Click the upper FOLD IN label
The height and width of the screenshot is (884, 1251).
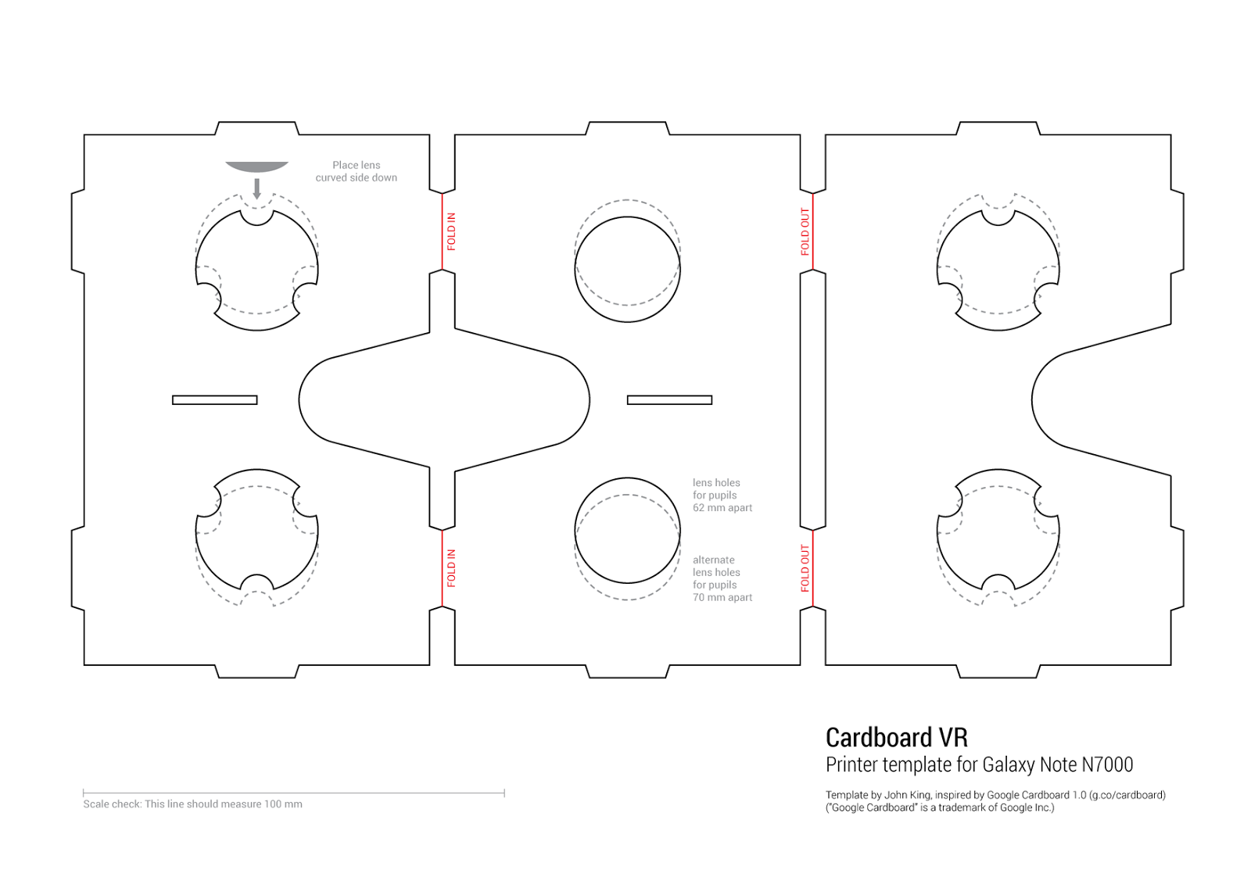click(x=451, y=231)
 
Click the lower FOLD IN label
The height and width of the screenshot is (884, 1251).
click(x=451, y=568)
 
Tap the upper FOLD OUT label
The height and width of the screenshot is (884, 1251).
click(x=805, y=231)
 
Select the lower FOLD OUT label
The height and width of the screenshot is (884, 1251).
click(x=805, y=568)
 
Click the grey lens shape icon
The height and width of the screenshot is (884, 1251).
click(x=256, y=166)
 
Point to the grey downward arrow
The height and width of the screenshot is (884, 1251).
click(x=256, y=188)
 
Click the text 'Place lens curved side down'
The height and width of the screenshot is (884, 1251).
click(x=356, y=171)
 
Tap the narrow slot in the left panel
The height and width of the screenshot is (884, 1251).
click(x=214, y=400)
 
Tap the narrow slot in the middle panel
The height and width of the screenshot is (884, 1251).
click(x=669, y=400)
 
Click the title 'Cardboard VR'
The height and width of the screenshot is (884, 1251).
click(x=896, y=737)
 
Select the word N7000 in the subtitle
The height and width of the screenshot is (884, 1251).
click(x=1106, y=764)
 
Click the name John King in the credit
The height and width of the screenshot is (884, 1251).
click(x=907, y=795)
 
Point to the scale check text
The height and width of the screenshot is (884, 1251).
click(x=192, y=804)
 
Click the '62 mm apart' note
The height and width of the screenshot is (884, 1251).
click(x=722, y=508)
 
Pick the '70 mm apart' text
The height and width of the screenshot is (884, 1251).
click(x=722, y=598)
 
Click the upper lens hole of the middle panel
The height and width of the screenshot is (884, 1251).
click(x=627, y=269)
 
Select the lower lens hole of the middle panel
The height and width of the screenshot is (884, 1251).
click(x=627, y=531)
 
